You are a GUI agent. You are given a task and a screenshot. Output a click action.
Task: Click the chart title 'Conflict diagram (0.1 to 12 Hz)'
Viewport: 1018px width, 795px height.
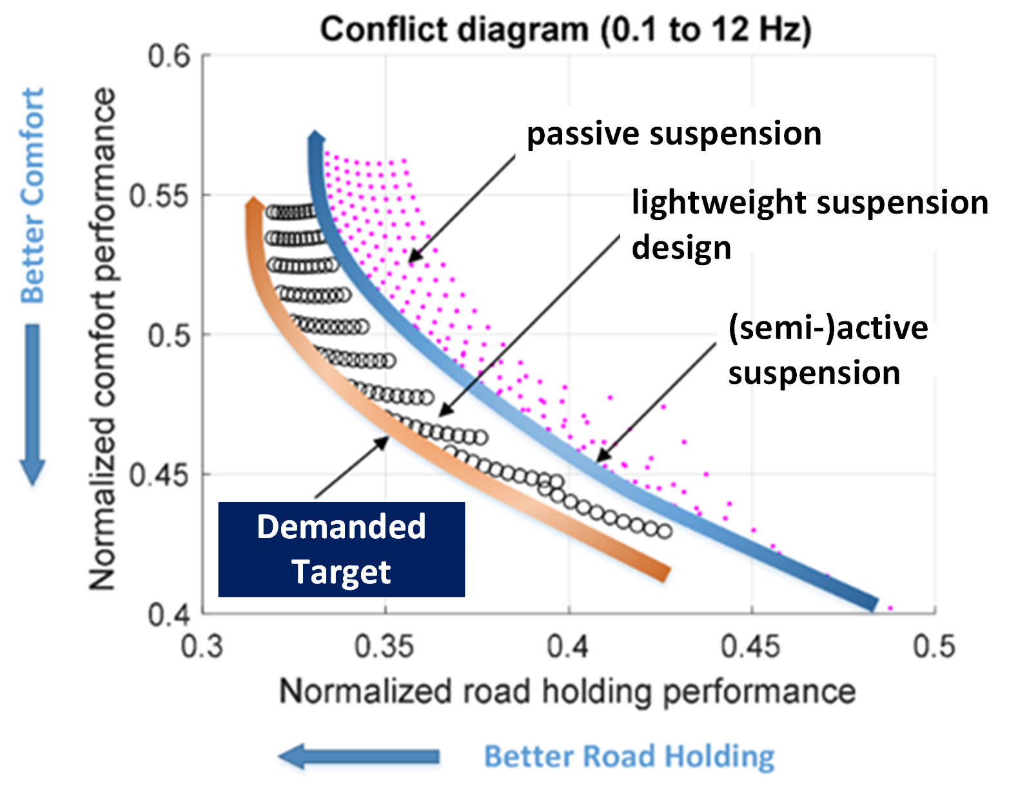565,30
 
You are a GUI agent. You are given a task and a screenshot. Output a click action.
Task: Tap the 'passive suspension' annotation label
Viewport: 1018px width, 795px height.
674,134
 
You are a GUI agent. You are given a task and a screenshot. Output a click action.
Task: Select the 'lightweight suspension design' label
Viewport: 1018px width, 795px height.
809,224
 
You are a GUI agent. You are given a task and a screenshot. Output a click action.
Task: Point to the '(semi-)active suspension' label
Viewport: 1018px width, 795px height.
828,350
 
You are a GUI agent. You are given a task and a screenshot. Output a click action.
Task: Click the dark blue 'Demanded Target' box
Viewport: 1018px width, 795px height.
341,549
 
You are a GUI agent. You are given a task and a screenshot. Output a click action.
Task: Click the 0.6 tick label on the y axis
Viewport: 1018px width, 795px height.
169,57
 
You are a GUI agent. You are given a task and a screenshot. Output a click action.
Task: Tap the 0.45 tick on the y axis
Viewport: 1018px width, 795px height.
160,476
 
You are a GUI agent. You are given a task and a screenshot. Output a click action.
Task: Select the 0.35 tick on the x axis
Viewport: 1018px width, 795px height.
384,646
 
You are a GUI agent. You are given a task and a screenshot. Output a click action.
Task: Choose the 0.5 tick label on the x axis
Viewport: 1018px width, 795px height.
934,646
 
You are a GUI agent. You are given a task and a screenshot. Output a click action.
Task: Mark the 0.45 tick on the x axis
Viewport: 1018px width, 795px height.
750,646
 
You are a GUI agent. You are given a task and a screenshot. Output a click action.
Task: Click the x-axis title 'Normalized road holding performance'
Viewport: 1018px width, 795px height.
567,692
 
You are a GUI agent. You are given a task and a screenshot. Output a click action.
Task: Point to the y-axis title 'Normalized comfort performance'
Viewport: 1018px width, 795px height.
102,339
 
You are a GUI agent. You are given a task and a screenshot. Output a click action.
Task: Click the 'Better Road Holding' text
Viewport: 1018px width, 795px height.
629,756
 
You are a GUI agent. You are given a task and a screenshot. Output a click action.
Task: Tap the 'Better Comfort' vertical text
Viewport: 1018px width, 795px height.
32,196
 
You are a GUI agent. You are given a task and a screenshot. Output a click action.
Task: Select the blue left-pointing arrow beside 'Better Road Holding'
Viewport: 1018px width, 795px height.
358,756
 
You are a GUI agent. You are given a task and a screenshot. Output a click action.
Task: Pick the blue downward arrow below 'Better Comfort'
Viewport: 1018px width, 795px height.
32,404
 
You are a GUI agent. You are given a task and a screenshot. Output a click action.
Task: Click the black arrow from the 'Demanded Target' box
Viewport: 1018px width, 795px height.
352,467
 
